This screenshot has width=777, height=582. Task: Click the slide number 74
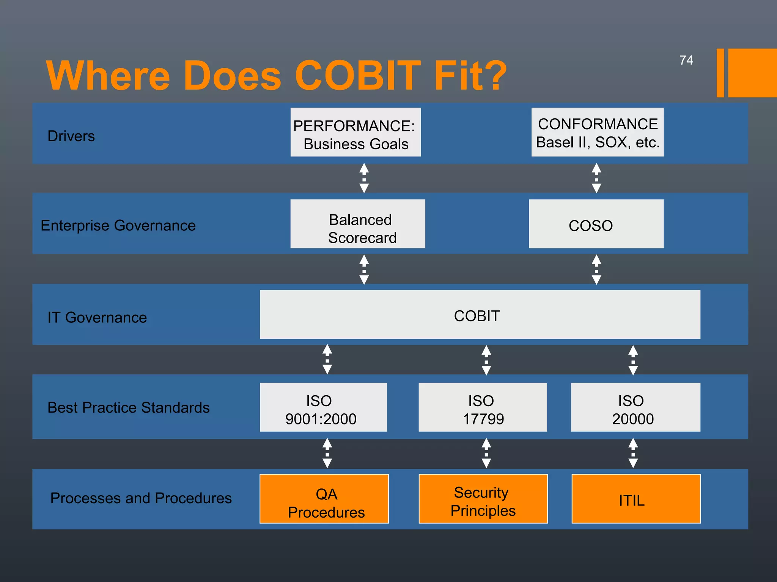(x=686, y=60)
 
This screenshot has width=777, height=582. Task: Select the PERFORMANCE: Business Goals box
(x=355, y=132)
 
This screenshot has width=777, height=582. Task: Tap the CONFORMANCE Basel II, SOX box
(x=597, y=132)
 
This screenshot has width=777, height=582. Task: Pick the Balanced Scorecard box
(x=357, y=224)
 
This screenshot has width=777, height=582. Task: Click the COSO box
(x=596, y=224)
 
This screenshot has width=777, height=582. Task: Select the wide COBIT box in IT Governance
(x=480, y=314)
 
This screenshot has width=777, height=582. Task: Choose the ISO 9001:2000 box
(x=323, y=407)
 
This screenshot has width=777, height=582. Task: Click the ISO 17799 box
(x=483, y=407)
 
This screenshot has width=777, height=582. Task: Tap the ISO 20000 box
(x=635, y=407)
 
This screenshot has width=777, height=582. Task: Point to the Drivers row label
(x=71, y=136)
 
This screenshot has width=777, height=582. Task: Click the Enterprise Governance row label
(x=118, y=225)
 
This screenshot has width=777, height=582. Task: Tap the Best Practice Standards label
(x=128, y=408)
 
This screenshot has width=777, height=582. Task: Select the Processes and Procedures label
(x=141, y=498)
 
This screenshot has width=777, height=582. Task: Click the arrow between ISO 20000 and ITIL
(x=633, y=453)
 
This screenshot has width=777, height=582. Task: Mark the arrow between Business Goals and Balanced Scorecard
(x=364, y=178)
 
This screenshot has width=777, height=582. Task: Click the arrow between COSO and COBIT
(x=596, y=269)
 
